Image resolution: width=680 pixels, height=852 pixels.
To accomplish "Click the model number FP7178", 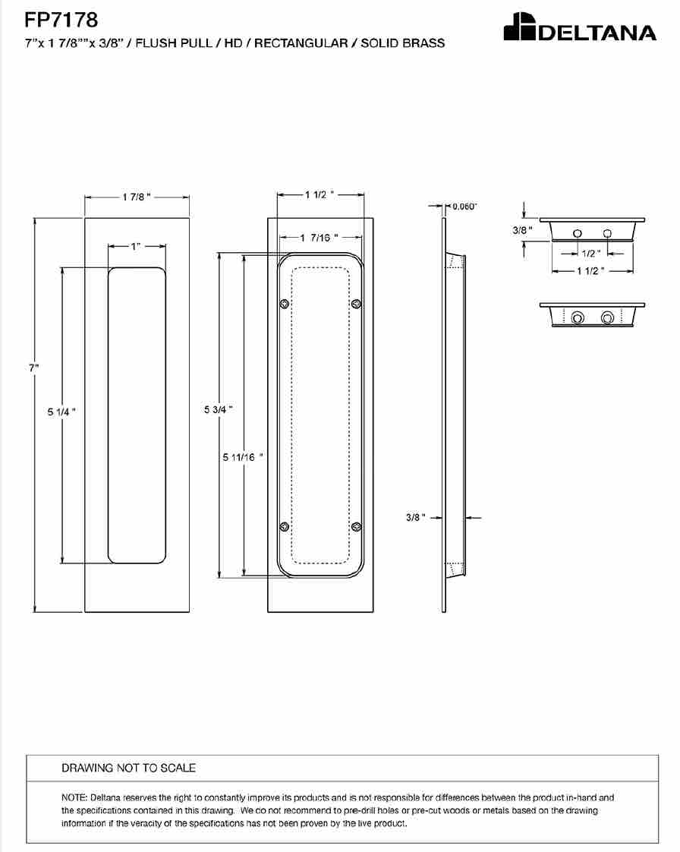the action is coord(61,20).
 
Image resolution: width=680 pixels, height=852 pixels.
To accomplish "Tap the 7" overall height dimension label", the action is coord(33,368).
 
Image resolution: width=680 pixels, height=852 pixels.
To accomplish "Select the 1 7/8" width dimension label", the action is coord(136,197).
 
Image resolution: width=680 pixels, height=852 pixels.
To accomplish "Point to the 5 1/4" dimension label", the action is coord(61,412).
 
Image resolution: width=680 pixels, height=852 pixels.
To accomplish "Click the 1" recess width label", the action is coord(135,247).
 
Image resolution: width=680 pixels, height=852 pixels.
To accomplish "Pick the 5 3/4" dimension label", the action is coord(219,409).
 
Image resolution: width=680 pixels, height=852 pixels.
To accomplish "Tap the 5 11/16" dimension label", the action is coord(243,458).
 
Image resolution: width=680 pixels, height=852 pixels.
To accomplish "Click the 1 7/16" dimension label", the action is coord(320,238).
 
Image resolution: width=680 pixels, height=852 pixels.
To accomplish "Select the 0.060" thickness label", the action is coord(464,207).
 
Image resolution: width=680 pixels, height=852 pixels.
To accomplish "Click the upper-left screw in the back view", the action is coord(284,304).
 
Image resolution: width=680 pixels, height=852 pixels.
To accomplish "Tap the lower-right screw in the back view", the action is coord(356,526).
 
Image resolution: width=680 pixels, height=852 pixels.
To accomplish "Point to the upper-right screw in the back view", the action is coord(356,303).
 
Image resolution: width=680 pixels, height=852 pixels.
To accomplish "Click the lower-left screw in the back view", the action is coord(284,526).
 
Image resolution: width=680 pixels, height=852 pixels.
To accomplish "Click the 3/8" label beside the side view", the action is coord(415,517).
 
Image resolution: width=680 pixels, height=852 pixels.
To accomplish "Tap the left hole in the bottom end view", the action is coord(578,317).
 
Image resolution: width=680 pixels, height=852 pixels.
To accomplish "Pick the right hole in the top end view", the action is coord(607,234).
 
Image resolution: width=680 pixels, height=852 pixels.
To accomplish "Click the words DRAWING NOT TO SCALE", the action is coord(128,768).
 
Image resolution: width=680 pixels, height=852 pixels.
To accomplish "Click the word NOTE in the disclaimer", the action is coord(74,797).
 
